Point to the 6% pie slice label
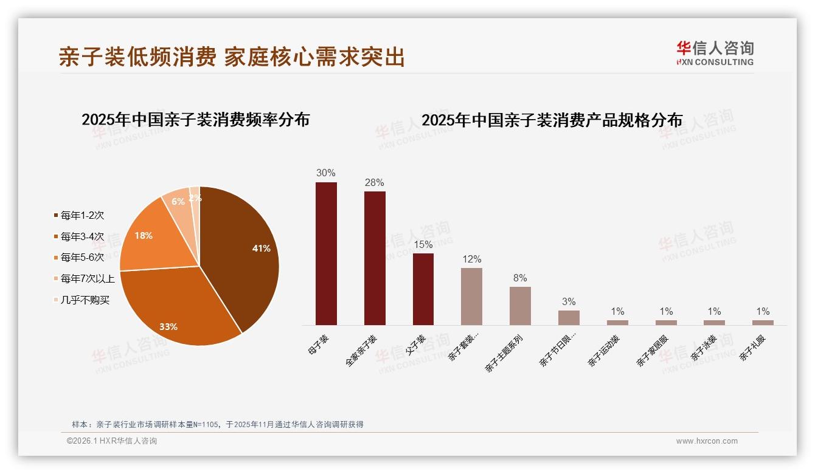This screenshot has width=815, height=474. coord(178,202)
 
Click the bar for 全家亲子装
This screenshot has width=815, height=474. coord(375,258)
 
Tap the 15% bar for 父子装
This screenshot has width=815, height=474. coord(423,289)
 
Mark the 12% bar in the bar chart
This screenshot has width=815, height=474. coord(471,296)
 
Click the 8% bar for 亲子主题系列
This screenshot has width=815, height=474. coord(520,306)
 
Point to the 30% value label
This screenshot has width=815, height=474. coord(326,173)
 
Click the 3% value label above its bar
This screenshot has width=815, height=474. coord(569,302)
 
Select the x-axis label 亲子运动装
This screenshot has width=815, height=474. coord(603,351)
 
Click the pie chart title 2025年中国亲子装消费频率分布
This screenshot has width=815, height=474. coord(196,120)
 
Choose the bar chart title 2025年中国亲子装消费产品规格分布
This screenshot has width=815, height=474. coord(552,120)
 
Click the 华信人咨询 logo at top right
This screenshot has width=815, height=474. coord(715,53)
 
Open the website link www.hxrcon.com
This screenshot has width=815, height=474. coord(707,441)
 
